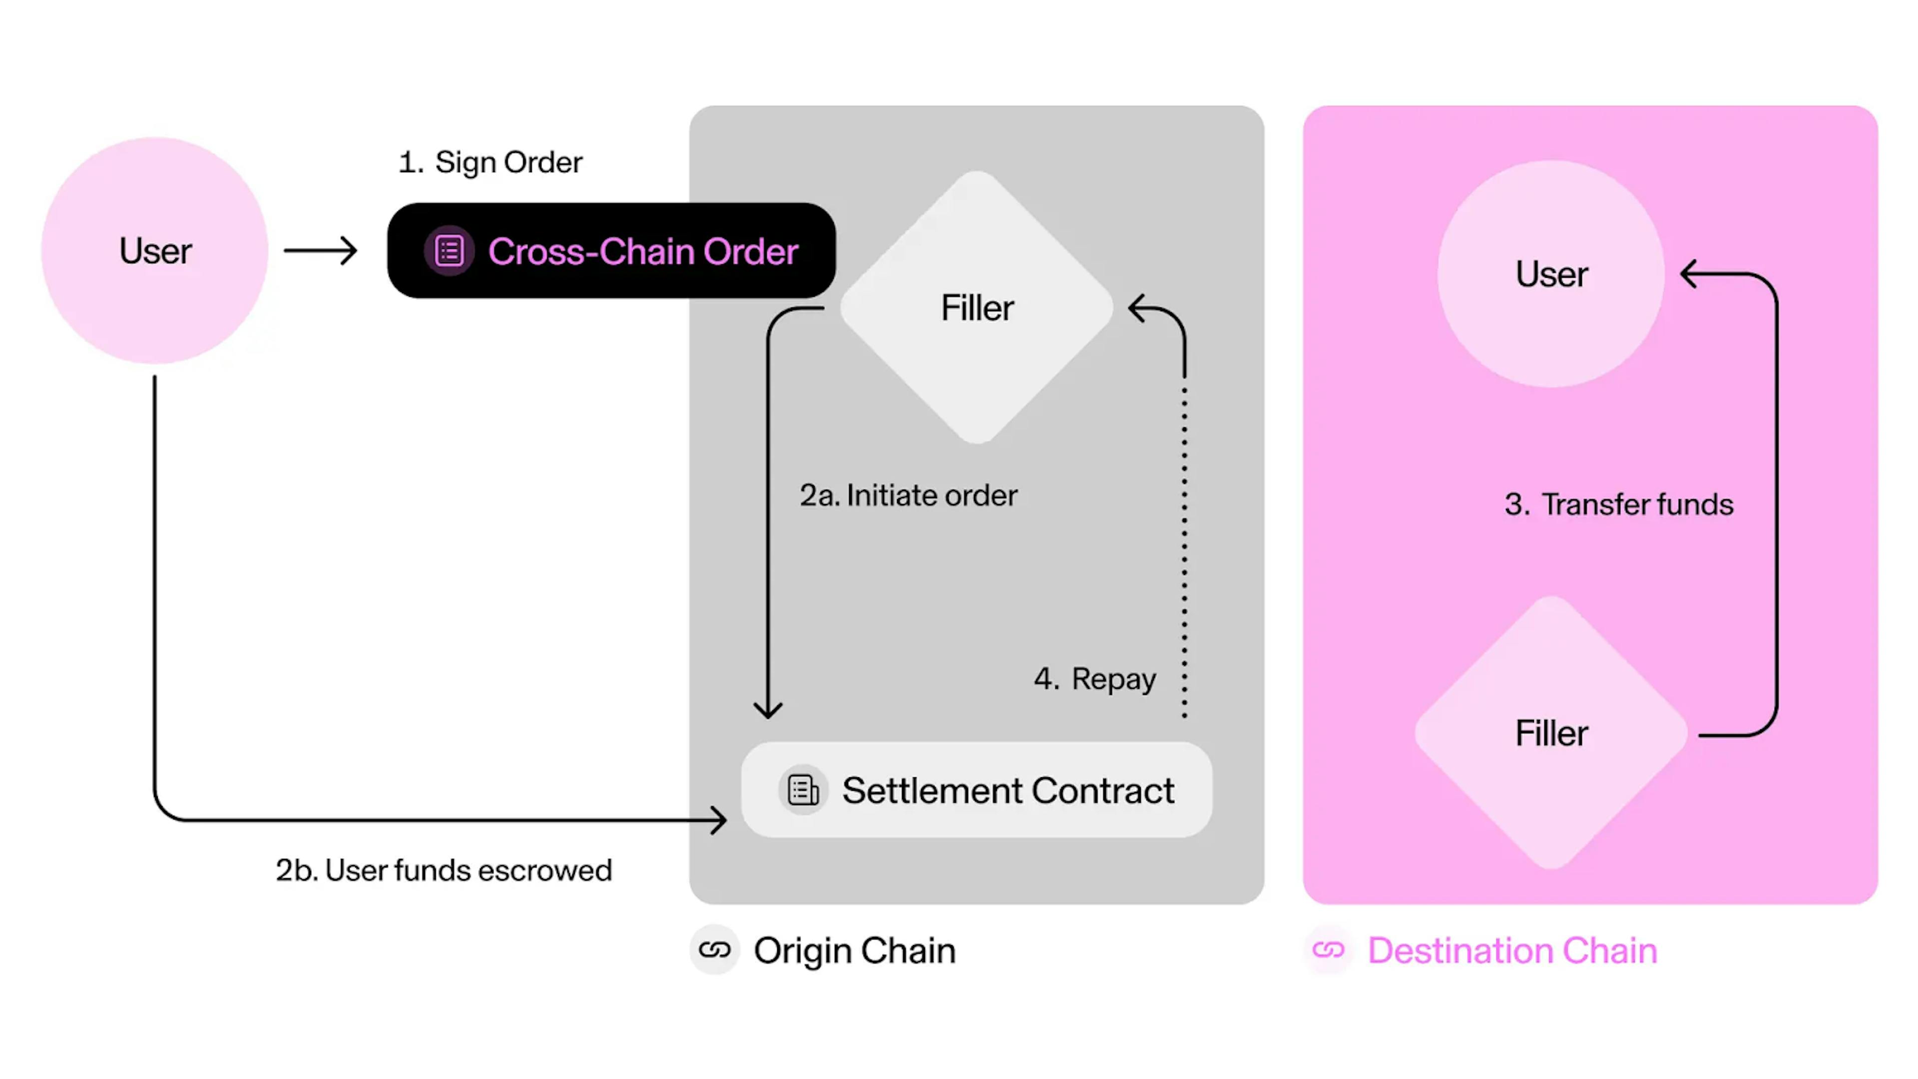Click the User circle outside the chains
pyautogui.click(x=155, y=250)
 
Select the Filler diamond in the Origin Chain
pyautogui.click(x=977, y=308)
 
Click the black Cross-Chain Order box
pyautogui.click(x=611, y=250)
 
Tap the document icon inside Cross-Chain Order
pyautogui.click(x=449, y=251)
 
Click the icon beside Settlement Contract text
pyautogui.click(x=803, y=790)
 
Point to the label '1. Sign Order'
pyautogui.click(x=490, y=162)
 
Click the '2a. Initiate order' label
pyautogui.click(x=909, y=495)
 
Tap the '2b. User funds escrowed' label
pyautogui.click(x=444, y=870)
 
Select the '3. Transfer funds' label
pyautogui.click(x=1619, y=504)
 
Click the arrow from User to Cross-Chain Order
pyautogui.click(x=320, y=251)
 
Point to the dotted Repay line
pyautogui.click(x=1185, y=551)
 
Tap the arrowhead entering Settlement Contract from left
pyautogui.click(x=719, y=820)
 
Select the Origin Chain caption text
pyautogui.click(x=855, y=950)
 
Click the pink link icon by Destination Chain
pyautogui.click(x=1328, y=950)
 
